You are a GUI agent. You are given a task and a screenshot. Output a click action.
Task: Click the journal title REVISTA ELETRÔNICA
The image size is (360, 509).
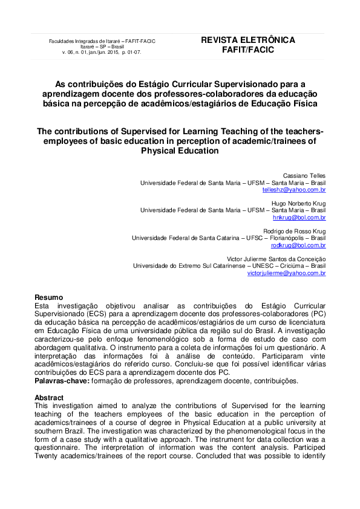pyautogui.click(x=248, y=40)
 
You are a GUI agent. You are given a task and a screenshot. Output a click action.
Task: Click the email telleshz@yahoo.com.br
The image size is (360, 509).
pyautogui.click(x=294, y=189)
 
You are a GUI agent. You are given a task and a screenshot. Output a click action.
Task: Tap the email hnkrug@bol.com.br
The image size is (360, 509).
pyautogui.click(x=299, y=217)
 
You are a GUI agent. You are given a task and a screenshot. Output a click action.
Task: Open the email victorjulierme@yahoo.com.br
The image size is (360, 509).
pyautogui.click(x=286, y=273)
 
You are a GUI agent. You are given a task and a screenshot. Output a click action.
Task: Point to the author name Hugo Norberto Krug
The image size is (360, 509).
pyautogui.click(x=298, y=203)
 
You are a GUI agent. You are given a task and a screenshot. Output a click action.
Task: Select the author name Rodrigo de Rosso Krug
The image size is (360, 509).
pyautogui.click(x=295, y=231)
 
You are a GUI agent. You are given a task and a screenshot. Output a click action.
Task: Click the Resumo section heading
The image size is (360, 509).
pyautogui.click(x=48, y=297)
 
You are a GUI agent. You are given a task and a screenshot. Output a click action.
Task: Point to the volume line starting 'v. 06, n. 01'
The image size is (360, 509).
pyautogui.click(x=102, y=53)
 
